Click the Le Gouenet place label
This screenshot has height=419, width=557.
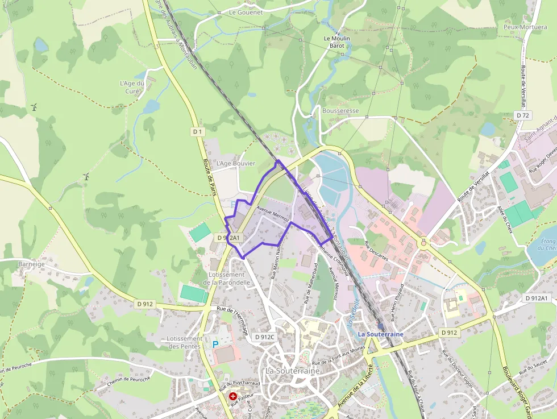coord(246,12)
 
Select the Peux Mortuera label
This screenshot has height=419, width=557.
coord(525,27)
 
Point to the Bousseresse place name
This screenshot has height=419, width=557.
coord(340,111)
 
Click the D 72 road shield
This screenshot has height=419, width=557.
coord(523,115)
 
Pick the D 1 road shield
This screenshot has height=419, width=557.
coord(197,131)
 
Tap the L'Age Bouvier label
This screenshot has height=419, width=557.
coord(236,163)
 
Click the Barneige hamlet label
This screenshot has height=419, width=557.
coord(31,264)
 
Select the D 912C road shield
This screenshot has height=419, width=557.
coord(265,337)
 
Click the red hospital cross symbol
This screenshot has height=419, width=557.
coord(233,396)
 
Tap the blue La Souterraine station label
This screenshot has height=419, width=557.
coord(380,334)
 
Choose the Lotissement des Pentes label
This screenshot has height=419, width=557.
coord(185,342)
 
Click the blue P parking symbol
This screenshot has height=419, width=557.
coord(215,344)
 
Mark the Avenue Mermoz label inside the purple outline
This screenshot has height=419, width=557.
coord(274,214)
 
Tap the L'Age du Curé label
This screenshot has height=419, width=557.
coord(132,87)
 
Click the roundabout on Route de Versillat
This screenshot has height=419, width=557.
coord(424,243)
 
